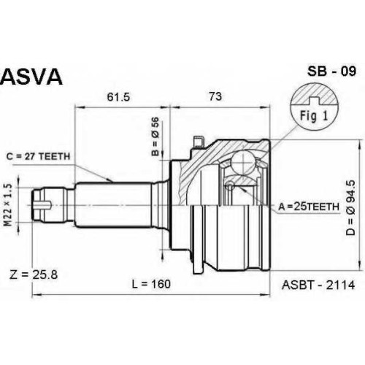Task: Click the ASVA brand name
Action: point(31,77)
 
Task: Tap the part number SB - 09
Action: point(331,71)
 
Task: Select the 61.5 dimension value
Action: point(118,97)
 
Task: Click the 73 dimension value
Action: point(215,96)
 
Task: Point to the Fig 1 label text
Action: point(314,116)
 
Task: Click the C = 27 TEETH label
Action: point(38,156)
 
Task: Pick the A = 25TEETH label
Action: point(309,207)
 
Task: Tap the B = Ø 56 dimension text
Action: point(155,137)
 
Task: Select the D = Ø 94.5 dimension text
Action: point(351,208)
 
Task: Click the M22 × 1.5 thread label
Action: point(8,204)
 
